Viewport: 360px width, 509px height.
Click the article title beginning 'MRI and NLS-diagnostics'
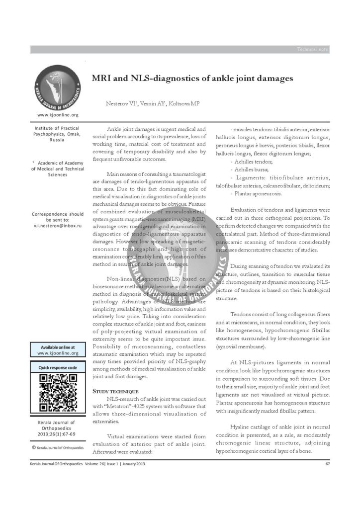pyautogui.click(x=192, y=79)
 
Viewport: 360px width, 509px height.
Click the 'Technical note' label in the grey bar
pyautogui.click(x=312, y=49)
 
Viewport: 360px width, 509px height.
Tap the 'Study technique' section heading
pyautogui.click(x=115, y=392)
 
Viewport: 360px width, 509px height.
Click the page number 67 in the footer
pyautogui.click(x=327, y=464)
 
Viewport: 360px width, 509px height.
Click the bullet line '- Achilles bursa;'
pyautogui.click(x=247, y=170)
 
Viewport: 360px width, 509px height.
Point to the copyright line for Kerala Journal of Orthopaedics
pyautogui.click(x=58, y=447)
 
